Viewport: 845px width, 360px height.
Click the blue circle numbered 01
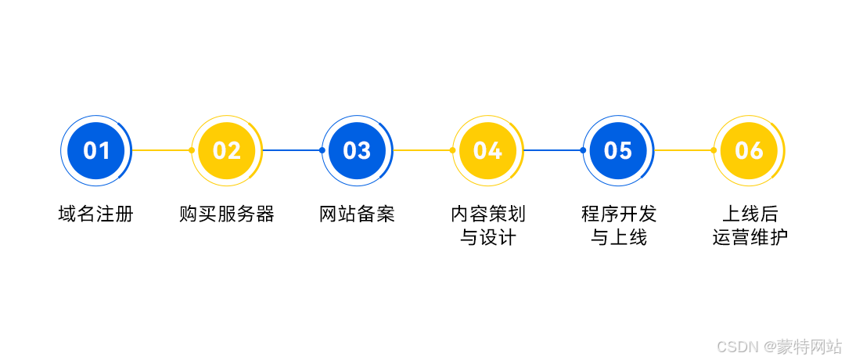click(96, 150)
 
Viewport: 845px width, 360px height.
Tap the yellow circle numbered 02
click(227, 150)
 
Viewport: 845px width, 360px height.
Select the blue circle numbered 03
click(358, 150)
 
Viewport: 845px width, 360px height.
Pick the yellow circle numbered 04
click(487, 150)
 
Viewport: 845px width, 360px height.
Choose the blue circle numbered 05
click(618, 150)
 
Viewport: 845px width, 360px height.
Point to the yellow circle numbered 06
click(749, 150)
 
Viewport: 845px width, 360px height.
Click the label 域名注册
click(96, 214)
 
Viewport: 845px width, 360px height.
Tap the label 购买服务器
click(227, 214)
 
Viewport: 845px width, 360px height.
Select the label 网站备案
click(358, 214)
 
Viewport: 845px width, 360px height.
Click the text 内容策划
click(487, 214)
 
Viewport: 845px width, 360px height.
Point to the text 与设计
click(487, 238)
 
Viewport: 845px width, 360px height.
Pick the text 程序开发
click(618, 214)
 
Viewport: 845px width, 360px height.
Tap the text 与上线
click(618, 238)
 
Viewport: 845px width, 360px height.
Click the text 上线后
click(749, 214)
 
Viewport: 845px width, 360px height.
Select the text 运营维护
click(749, 238)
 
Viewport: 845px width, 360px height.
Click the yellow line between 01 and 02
click(161, 150)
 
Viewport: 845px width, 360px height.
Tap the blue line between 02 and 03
click(292, 150)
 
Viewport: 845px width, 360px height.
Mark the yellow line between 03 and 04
click(422, 150)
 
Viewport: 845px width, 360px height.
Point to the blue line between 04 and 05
click(553, 150)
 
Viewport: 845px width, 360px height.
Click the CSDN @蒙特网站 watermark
click(779, 346)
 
